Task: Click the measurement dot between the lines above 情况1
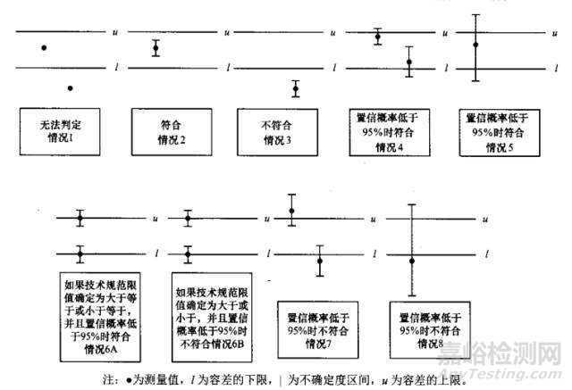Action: coord(45,46)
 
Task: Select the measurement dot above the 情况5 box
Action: coord(476,45)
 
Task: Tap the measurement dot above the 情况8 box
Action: coord(412,260)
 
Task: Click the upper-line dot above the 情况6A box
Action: coord(80,217)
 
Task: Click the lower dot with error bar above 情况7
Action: coord(319,261)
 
